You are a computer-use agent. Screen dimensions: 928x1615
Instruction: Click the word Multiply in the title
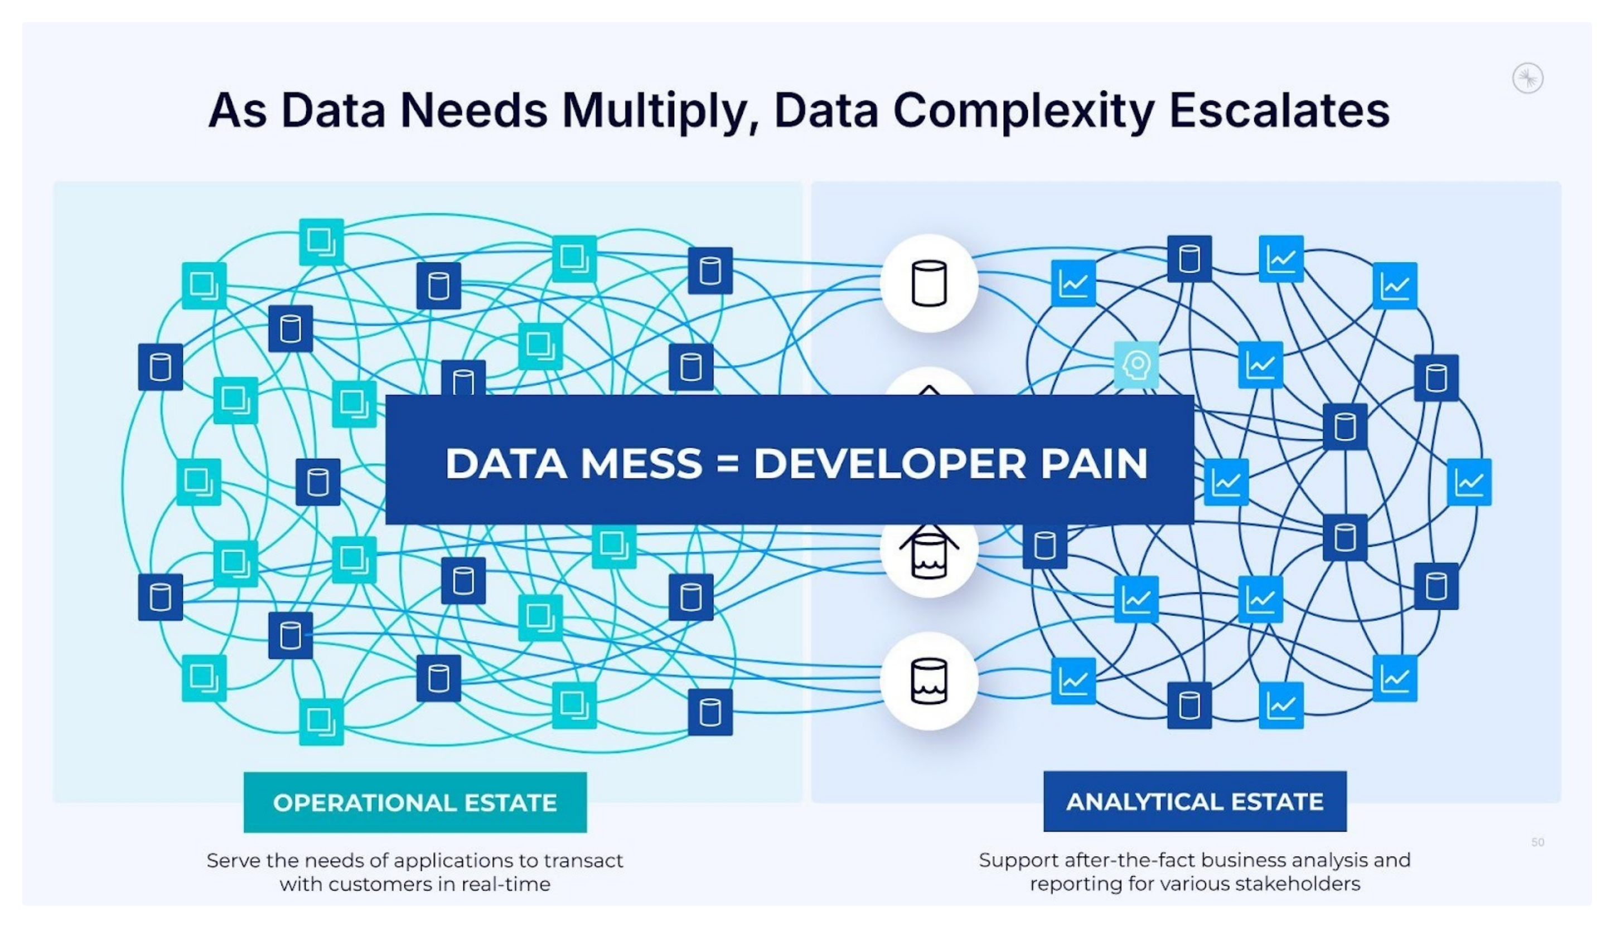tap(654, 111)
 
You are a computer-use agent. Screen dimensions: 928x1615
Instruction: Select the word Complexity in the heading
tap(1023, 111)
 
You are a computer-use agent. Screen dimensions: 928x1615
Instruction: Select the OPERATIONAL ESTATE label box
tap(415, 803)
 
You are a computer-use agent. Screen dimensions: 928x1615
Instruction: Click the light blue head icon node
tap(1136, 365)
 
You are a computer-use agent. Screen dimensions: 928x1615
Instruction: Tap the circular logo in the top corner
tap(1527, 79)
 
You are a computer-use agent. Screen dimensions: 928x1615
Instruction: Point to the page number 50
tap(1537, 843)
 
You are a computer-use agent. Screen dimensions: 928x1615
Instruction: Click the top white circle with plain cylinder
tap(929, 284)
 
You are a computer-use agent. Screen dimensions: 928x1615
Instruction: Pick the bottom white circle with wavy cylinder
tap(929, 681)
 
